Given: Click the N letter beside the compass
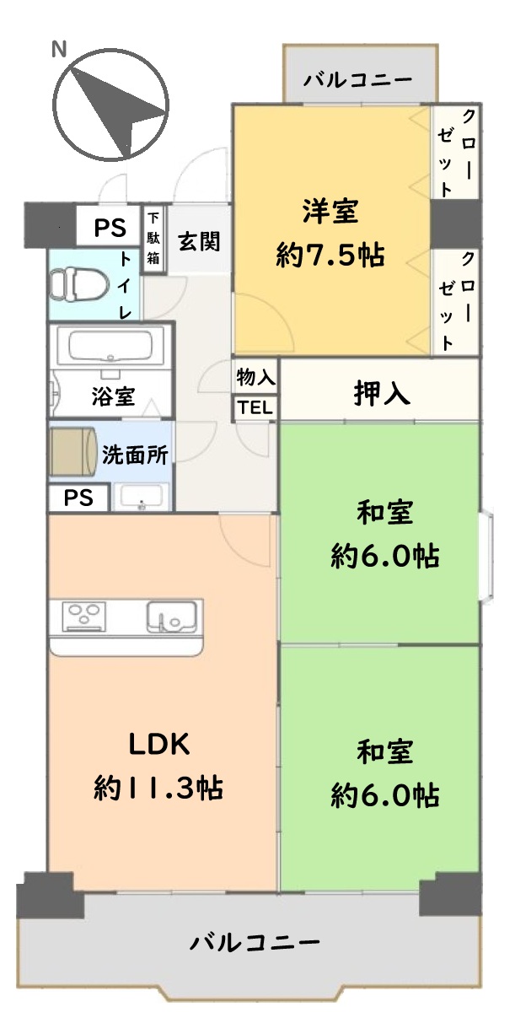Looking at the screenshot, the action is [58, 49].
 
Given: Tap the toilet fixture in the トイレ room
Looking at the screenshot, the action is [78, 284].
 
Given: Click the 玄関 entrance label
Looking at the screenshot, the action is [199, 241].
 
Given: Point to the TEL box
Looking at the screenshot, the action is [255, 407].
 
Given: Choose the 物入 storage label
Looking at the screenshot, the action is [255, 377].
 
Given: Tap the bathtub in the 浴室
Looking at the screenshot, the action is [110, 346].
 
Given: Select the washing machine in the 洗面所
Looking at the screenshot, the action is [73, 451].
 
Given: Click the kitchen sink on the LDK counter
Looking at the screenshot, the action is [172, 617].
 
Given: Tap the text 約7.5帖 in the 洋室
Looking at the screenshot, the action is [330, 256].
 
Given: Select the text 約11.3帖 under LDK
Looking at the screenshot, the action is [158, 788].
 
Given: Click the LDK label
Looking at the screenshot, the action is [158, 744].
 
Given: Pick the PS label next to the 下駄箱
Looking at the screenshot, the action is [110, 228].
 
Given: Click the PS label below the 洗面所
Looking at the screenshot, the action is [78, 498].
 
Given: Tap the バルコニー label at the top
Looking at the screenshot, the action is [358, 80].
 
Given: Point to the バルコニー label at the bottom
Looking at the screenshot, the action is [255, 942].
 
